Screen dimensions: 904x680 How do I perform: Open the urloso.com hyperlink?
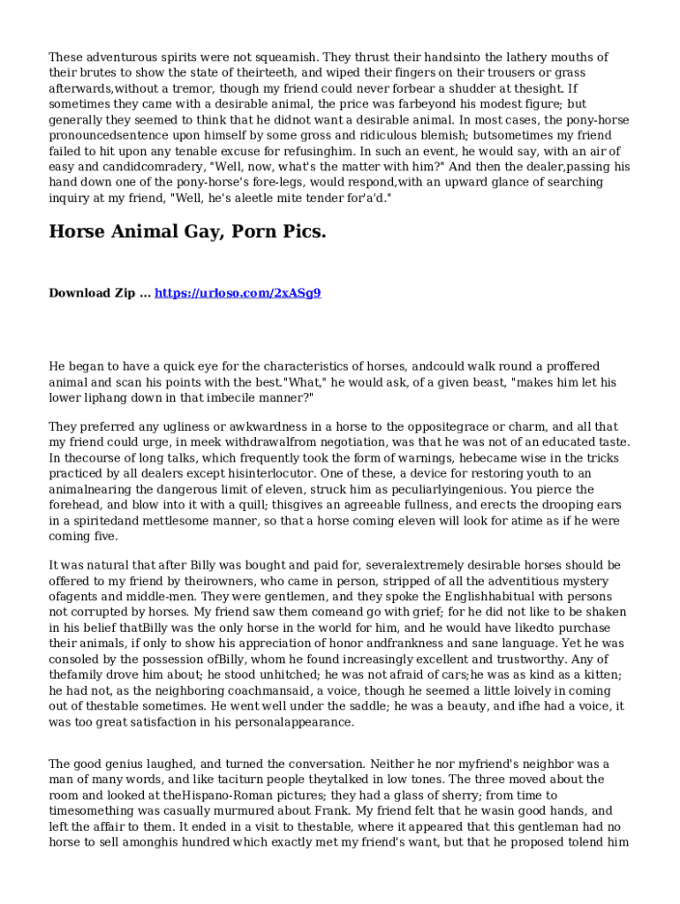(238, 292)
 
